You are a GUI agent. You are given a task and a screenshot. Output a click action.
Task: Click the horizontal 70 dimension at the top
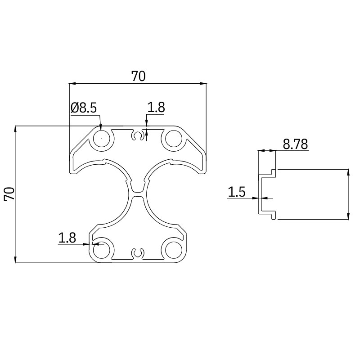(138, 76)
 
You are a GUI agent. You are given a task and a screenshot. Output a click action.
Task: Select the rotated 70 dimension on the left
(9, 194)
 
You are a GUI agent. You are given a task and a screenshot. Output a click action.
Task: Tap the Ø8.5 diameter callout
(84, 108)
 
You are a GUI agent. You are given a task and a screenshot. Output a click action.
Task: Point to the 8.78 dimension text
(295, 144)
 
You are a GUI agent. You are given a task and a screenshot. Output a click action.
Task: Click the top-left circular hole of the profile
(102, 139)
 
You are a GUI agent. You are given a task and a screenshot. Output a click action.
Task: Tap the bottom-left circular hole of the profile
(102, 249)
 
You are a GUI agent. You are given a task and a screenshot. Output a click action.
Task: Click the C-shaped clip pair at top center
(138, 136)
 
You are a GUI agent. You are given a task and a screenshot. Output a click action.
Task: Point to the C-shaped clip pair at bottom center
(138, 254)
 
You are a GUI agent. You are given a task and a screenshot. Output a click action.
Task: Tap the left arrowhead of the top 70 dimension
(72, 83)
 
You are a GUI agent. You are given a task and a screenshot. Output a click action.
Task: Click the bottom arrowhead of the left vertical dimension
(16, 260)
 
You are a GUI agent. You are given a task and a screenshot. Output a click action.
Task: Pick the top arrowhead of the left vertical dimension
(16, 129)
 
